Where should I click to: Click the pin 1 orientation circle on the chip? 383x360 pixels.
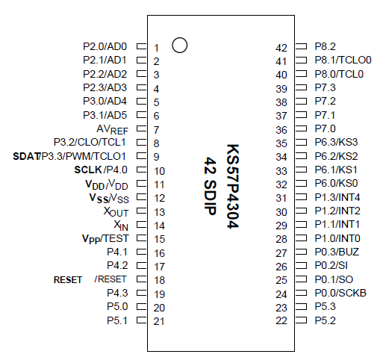pyautogui.click(x=179, y=45)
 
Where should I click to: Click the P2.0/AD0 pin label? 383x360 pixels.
pyautogui.click(x=105, y=46)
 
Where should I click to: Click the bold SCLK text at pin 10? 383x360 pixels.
pyautogui.click(x=89, y=170)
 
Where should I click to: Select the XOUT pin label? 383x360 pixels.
pyautogui.click(x=116, y=212)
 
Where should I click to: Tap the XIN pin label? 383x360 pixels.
pyautogui.click(x=120, y=226)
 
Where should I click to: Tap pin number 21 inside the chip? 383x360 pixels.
pyautogui.click(x=158, y=321)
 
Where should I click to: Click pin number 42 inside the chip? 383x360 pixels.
pyautogui.click(x=281, y=46)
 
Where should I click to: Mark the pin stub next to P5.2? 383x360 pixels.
pyautogui.click(x=301, y=321)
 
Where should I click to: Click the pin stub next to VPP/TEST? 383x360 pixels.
pyautogui.click(x=140, y=239)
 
